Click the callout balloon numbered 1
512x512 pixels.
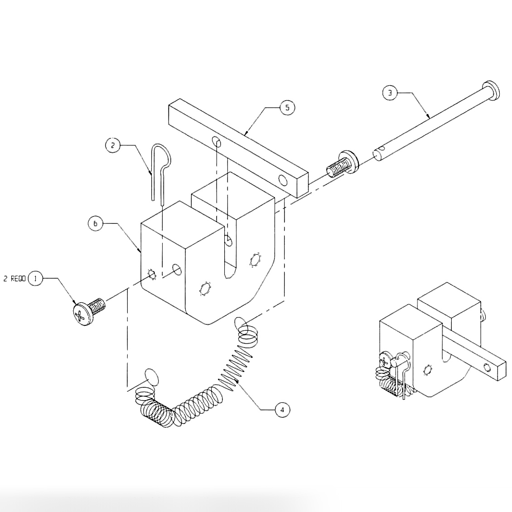tap(35, 278)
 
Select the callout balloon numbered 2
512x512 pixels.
tap(112, 145)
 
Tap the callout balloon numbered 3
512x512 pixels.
tap(389, 93)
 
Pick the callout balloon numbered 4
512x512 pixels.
tap(282, 410)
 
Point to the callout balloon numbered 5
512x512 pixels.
tap(287, 108)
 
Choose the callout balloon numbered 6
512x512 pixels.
tap(96, 223)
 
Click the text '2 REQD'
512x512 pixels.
tap(14, 279)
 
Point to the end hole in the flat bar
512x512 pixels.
tap(283, 181)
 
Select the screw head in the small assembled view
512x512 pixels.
tap(385, 362)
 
